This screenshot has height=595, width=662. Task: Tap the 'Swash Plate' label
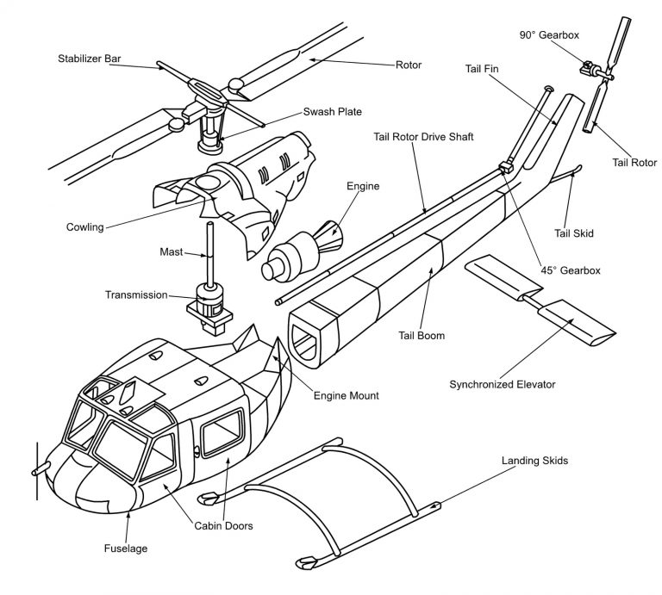(x=331, y=112)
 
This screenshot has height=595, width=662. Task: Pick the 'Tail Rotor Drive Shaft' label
(x=423, y=136)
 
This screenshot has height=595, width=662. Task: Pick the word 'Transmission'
(x=137, y=294)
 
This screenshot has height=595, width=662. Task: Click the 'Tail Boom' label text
(x=422, y=336)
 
